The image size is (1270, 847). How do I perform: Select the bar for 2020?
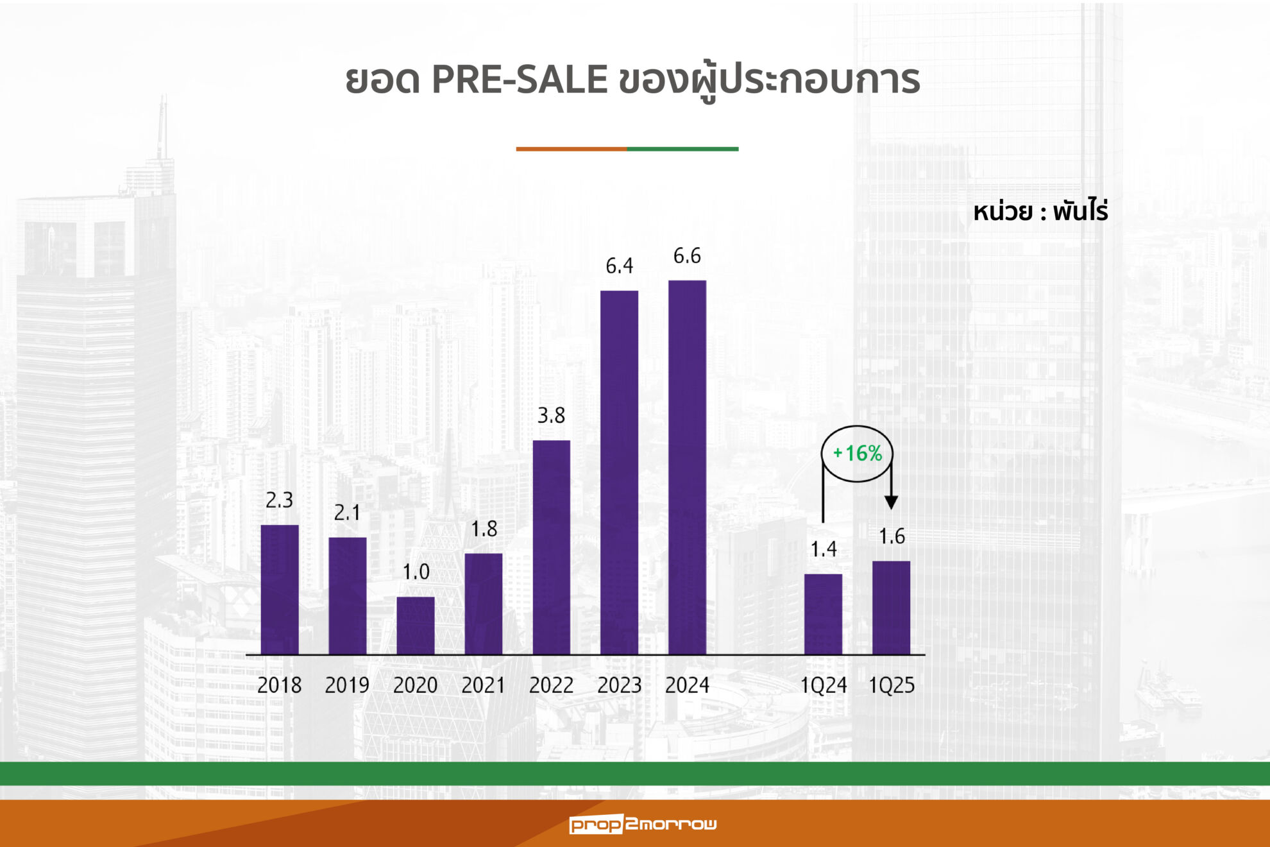[416, 625]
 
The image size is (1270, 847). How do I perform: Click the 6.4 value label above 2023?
[619, 266]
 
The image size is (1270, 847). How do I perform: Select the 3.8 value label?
[551, 416]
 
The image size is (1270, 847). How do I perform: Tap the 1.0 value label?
[416, 572]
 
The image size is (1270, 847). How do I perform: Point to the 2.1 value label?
[347, 513]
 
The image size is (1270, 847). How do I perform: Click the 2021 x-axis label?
[483, 685]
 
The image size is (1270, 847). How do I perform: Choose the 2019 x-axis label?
[347, 685]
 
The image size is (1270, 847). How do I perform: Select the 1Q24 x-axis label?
[823, 685]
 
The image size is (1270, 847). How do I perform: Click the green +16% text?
[858, 454]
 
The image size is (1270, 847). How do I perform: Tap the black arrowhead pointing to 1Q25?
[891, 502]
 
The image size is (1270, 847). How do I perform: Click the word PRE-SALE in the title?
[520, 80]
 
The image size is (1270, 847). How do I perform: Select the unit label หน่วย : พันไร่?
[1040, 212]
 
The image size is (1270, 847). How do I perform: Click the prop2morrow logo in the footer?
[643, 824]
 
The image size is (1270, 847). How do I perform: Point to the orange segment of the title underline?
[571, 149]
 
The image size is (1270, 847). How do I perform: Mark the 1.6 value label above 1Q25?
[892, 536]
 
